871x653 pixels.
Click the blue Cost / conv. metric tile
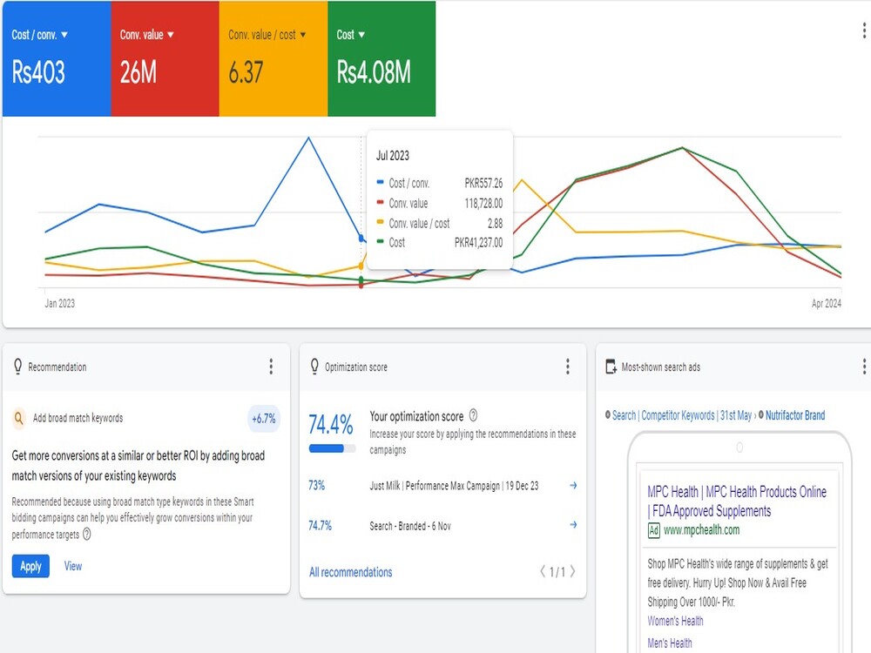pos(57,59)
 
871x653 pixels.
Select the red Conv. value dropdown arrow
pos(171,35)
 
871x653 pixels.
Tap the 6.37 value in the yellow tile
pos(246,73)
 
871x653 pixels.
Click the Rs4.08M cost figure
pos(374,73)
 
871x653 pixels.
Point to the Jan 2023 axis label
pos(59,303)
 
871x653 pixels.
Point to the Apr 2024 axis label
pos(826,303)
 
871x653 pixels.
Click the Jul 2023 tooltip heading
pos(393,156)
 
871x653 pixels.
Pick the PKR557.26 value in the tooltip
pos(483,183)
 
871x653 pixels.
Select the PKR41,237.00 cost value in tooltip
pos(478,243)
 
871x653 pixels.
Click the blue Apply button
pos(30,567)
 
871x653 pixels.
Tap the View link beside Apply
pos(73,567)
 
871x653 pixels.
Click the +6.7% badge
pos(264,419)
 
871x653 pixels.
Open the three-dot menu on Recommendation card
pos(271,367)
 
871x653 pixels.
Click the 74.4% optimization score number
pos(330,425)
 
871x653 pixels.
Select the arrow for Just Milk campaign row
pos(573,485)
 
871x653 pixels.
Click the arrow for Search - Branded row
pos(573,525)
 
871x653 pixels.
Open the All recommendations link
pos(350,572)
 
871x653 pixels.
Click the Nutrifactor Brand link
pos(795,415)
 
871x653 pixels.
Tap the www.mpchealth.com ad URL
pos(701,529)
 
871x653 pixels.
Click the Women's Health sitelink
pos(676,621)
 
